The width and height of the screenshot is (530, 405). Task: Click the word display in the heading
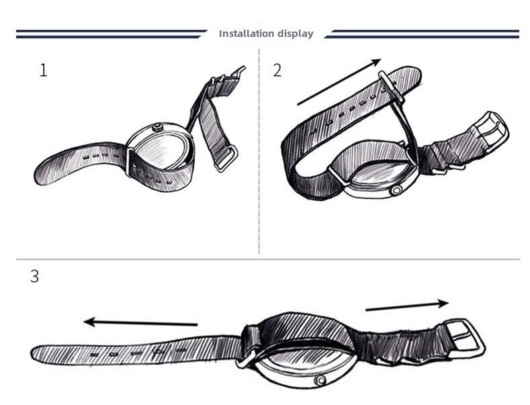[296, 34]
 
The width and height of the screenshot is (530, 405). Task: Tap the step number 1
[43, 71]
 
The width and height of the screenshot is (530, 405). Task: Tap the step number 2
[277, 71]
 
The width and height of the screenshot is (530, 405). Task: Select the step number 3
[34, 276]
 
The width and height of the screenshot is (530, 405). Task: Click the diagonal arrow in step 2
[339, 82]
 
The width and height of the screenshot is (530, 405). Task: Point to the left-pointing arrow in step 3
[140, 322]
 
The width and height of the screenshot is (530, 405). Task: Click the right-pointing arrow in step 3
[407, 305]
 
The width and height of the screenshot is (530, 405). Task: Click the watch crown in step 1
[157, 128]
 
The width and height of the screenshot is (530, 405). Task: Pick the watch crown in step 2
[396, 191]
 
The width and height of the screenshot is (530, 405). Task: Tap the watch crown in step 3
[320, 380]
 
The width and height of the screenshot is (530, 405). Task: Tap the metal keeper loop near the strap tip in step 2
[392, 87]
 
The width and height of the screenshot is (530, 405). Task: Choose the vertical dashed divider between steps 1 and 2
[259, 151]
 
